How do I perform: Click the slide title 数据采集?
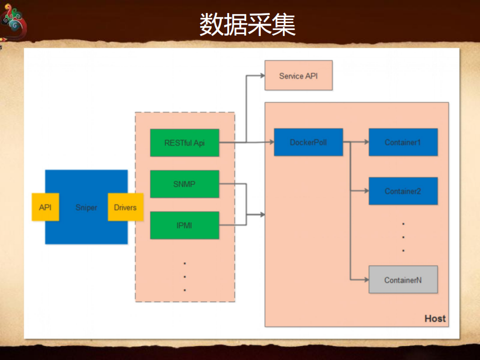[x=247, y=25]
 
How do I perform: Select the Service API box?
[x=298, y=76]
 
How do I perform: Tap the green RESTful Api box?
[x=185, y=143]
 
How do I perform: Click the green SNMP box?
[x=185, y=184]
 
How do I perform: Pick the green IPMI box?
[x=185, y=225]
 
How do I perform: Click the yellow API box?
[x=45, y=207]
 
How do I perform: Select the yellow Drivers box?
[x=125, y=207]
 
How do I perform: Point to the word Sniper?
[x=86, y=207]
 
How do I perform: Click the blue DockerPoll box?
[x=308, y=142]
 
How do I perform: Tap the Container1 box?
[x=403, y=142]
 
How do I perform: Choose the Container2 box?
[x=403, y=191]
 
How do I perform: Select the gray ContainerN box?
[x=403, y=279]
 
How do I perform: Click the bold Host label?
[x=434, y=318]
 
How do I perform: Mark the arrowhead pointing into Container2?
[x=365, y=191]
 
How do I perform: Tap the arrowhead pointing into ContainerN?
[x=365, y=279]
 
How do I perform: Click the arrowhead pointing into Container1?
[x=365, y=142]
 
